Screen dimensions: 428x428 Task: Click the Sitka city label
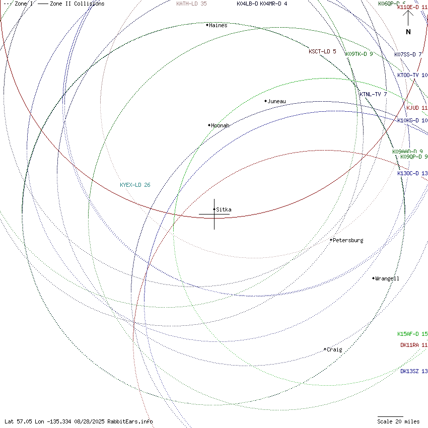224,209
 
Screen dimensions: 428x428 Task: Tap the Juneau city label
276,101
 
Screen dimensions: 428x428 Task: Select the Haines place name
218,25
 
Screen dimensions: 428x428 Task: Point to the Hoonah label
220,125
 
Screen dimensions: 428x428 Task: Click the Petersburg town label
348,240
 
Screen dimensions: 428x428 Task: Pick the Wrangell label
387,278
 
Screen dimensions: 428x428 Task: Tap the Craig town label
334,349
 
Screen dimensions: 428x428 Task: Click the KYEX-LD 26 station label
135,185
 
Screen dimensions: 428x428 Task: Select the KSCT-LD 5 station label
322,51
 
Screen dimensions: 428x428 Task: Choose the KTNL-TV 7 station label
373,94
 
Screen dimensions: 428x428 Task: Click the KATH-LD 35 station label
191,4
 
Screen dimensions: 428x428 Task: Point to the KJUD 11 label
417,108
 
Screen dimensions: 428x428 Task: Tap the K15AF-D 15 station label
412,334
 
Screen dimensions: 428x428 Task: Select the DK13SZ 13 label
414,371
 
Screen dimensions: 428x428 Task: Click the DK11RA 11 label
414,345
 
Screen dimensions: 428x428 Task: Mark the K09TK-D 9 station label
359,54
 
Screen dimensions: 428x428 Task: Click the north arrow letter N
408,32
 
